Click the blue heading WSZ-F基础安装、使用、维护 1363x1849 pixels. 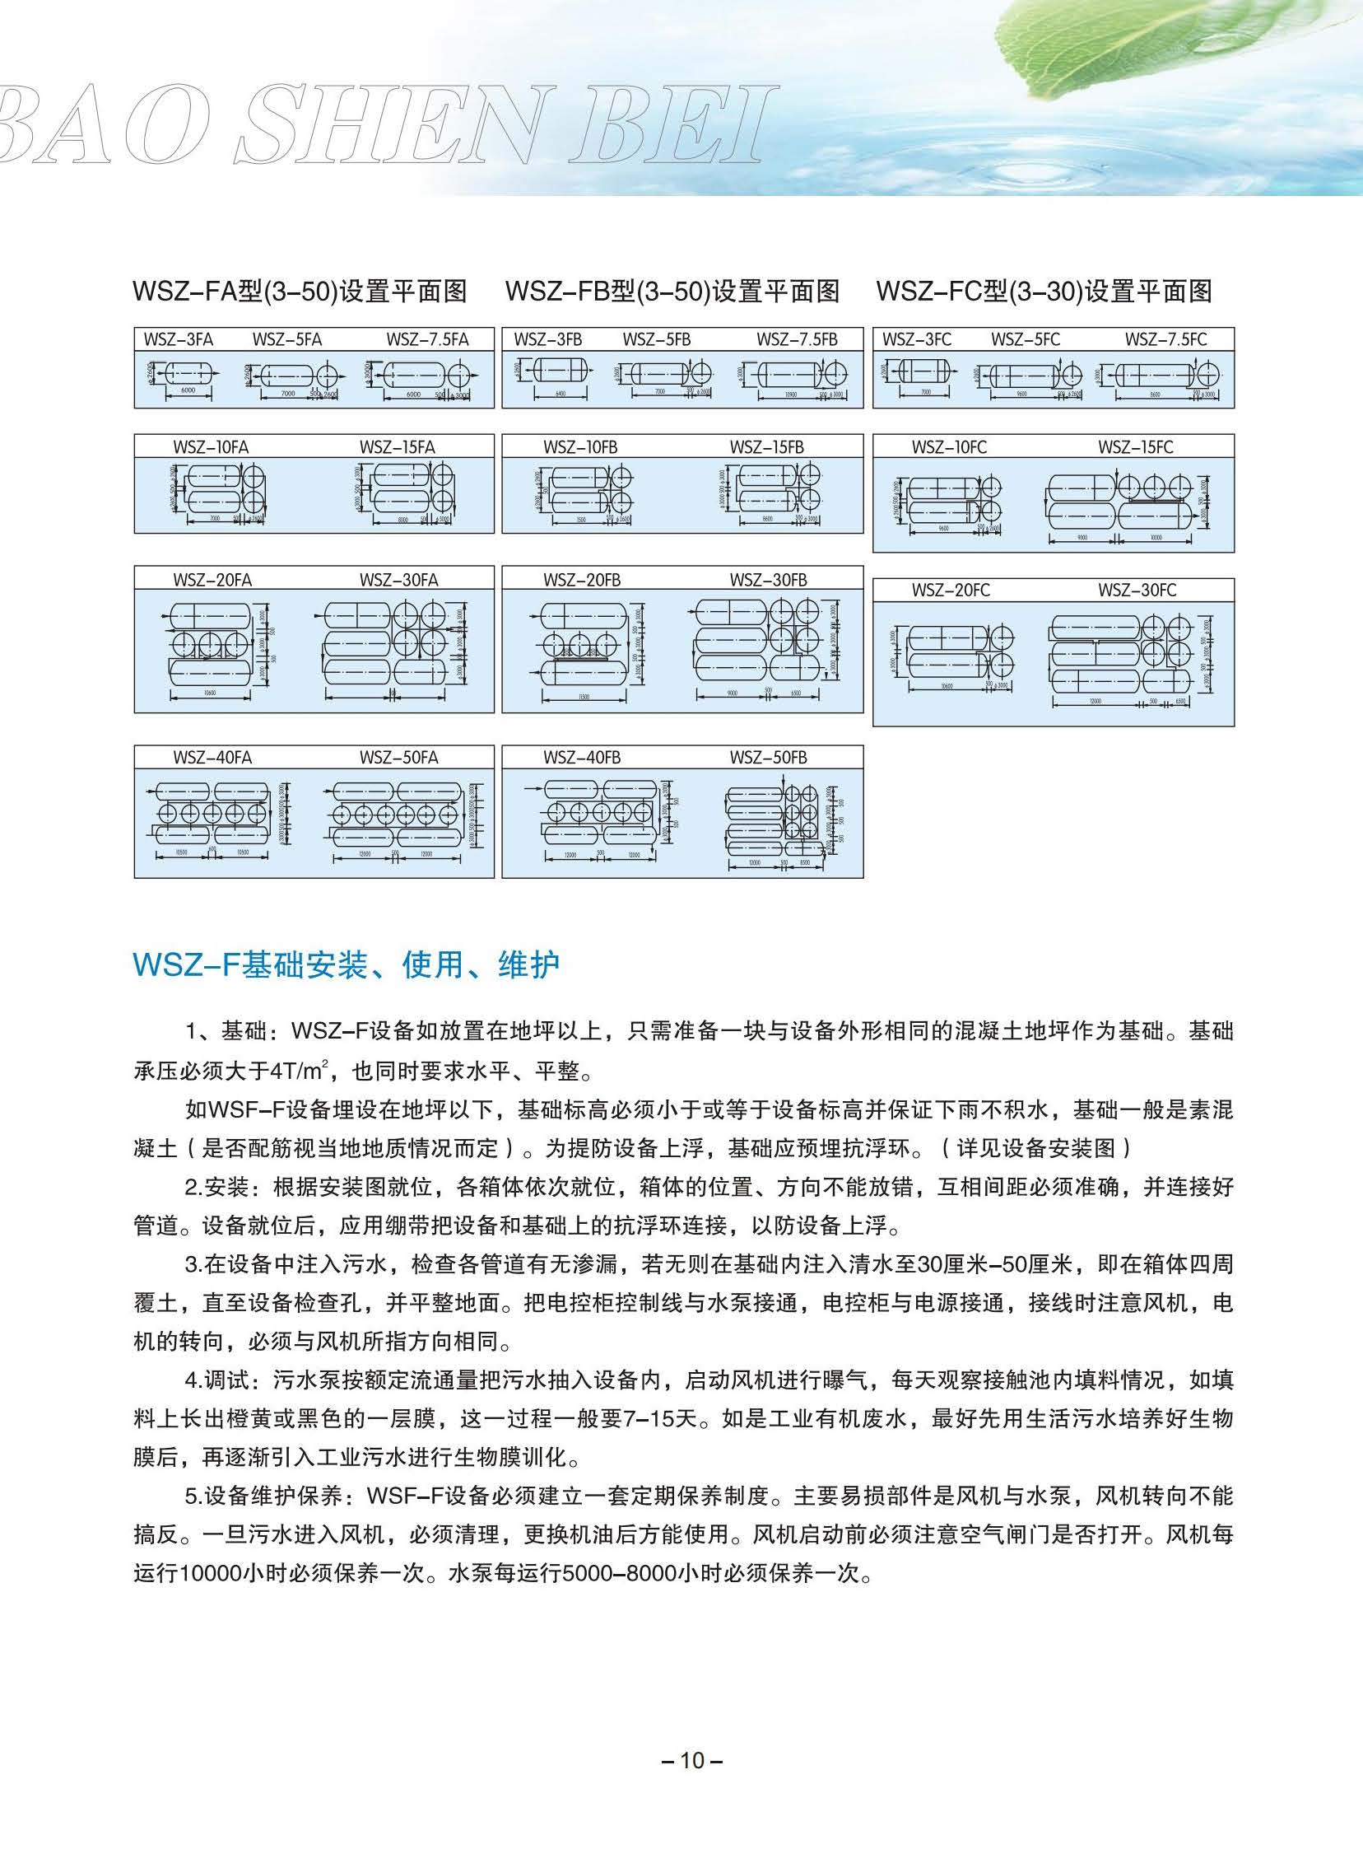click(x=347, y=964)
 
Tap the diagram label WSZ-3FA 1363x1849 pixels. click(x=179, y=339)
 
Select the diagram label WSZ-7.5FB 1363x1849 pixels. click(x=796, y=339)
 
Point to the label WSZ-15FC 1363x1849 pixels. click(x=1134, y=447)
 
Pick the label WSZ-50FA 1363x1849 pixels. click(x=398, y=758)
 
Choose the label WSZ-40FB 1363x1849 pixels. click(x=582, y=758)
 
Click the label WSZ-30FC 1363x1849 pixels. click(x=1137, y=591)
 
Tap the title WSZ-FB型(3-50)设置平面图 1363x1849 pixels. click(x=672, y=292)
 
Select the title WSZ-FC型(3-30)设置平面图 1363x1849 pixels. click(x=1044, y=292)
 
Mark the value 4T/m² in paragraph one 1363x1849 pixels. click(x=293, y=1072)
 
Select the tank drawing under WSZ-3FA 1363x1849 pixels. click(x=188, y=376)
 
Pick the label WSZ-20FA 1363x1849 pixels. click(x=212, y=580)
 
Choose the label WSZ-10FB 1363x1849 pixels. click(x=580, y=447)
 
